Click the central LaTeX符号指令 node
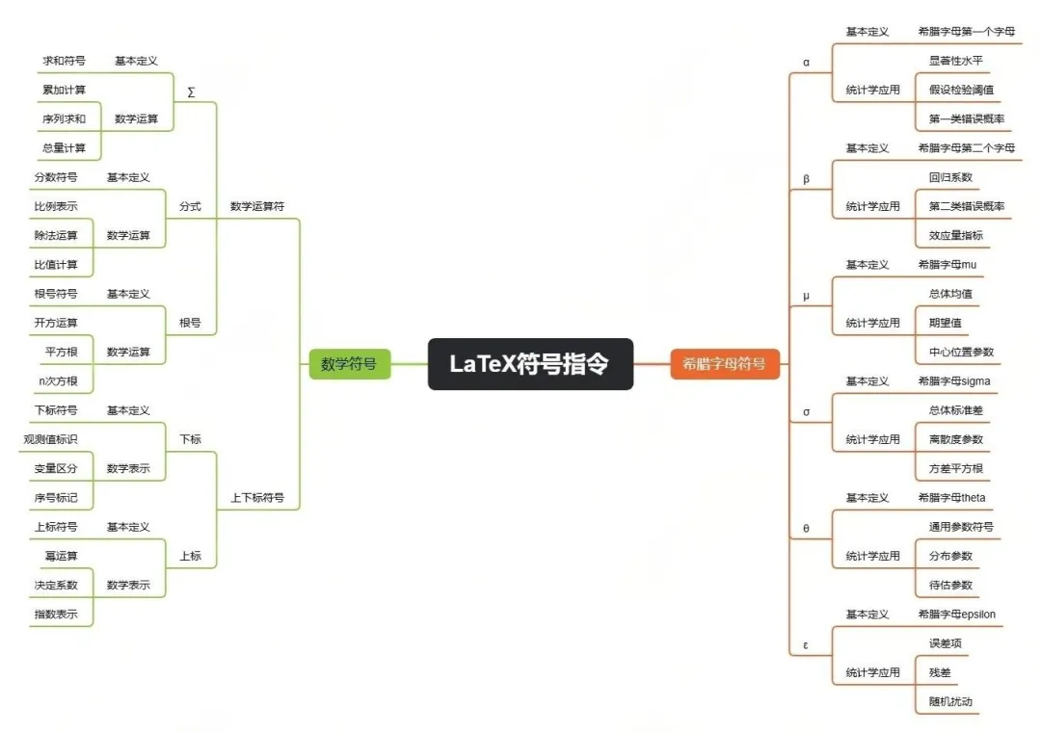[530, 364]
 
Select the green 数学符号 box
[349, 364]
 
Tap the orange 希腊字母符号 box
[724, 364]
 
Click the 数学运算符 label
[257, 206]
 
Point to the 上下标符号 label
[257, 498]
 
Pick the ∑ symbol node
[191, 92]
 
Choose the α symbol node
[806, 63]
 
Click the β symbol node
[806, 179]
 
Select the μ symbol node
[806, 296]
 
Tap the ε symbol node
[806, 645]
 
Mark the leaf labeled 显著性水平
[955, 61]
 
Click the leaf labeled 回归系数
[950, 177]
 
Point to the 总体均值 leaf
[950, 294]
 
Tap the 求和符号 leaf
[64, 61]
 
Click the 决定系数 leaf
[56, 585]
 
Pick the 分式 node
[190, 206]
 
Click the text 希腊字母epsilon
[957, 615]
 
